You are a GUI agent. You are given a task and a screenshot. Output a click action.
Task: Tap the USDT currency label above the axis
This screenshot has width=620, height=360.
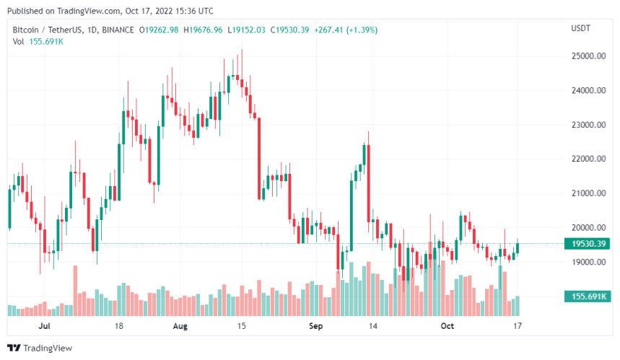(581, 29)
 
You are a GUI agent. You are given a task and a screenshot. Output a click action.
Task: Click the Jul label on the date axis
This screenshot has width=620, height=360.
(44, 326)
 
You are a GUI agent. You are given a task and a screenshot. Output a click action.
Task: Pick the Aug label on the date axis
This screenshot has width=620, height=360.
(180, 326)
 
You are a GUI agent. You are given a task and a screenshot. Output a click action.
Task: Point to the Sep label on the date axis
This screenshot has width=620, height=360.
(315, 326)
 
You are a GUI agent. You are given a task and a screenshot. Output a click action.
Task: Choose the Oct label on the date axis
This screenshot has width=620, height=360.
(447, 326)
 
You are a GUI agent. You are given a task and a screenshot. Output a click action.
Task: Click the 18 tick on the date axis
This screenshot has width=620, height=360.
(118, 326)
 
